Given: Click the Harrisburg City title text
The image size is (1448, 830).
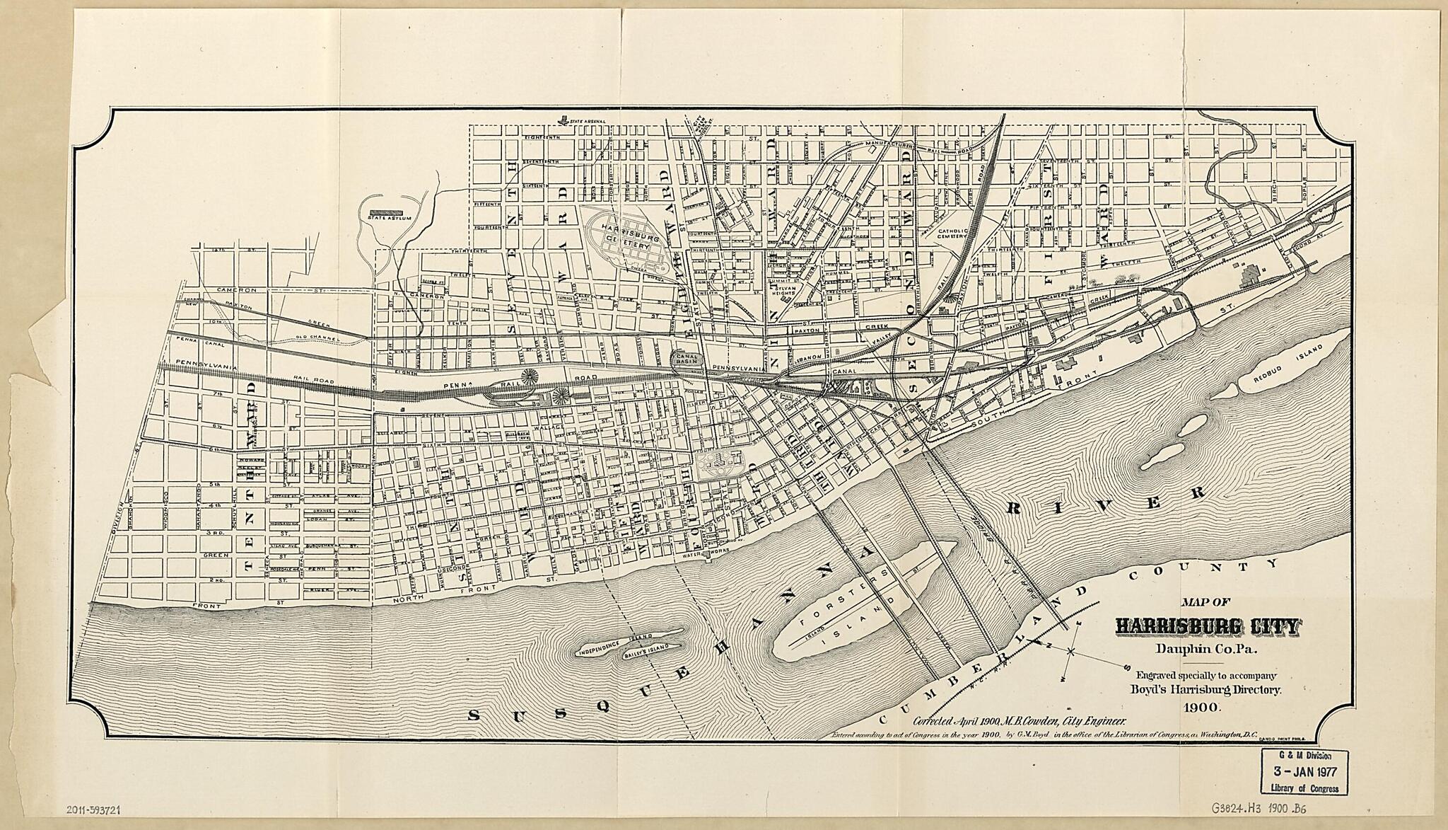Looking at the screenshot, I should click(x=1207, y=626).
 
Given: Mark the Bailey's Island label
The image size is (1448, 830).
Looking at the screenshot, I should click(x=645, y=655).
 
